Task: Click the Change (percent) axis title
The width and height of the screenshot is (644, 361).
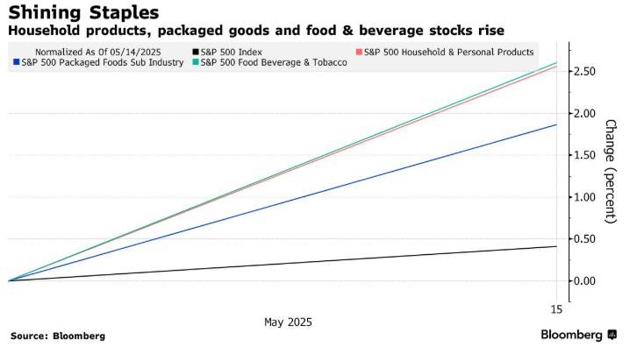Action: tap(611, 171)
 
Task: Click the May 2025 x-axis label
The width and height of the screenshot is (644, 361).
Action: tap(288, 322)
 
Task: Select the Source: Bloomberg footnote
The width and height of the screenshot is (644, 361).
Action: tap(58, 336)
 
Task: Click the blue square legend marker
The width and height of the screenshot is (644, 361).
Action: tap(17, 63)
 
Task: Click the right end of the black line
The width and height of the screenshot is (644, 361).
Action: tap(556, 246)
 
